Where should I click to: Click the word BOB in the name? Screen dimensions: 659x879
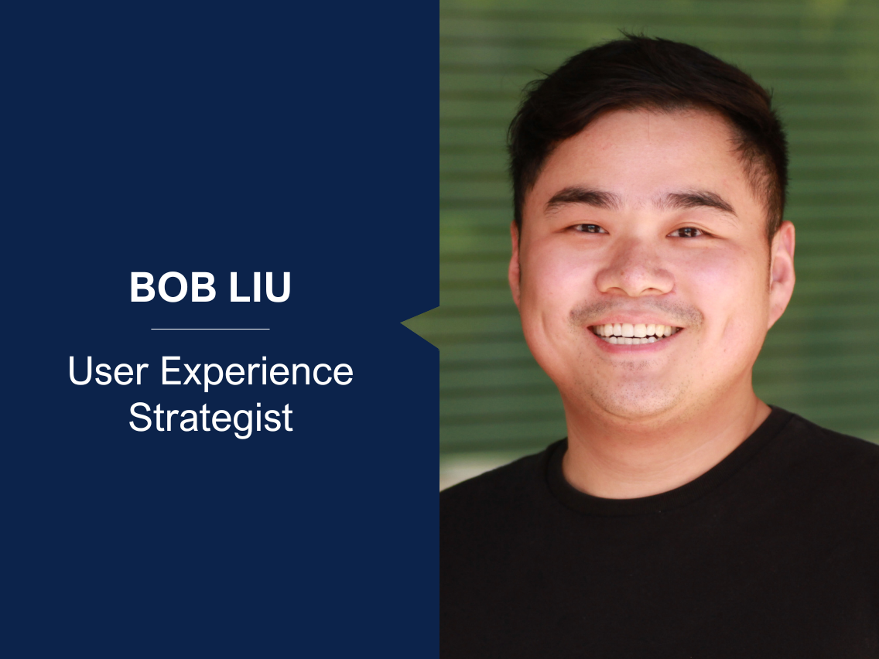click(169, 287)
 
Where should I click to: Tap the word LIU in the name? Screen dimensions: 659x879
click(255, 287)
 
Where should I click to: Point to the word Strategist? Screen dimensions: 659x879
click(210, 418)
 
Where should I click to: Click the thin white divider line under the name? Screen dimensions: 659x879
click(210, 329)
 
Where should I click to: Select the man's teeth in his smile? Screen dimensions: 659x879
click(634, 331)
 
